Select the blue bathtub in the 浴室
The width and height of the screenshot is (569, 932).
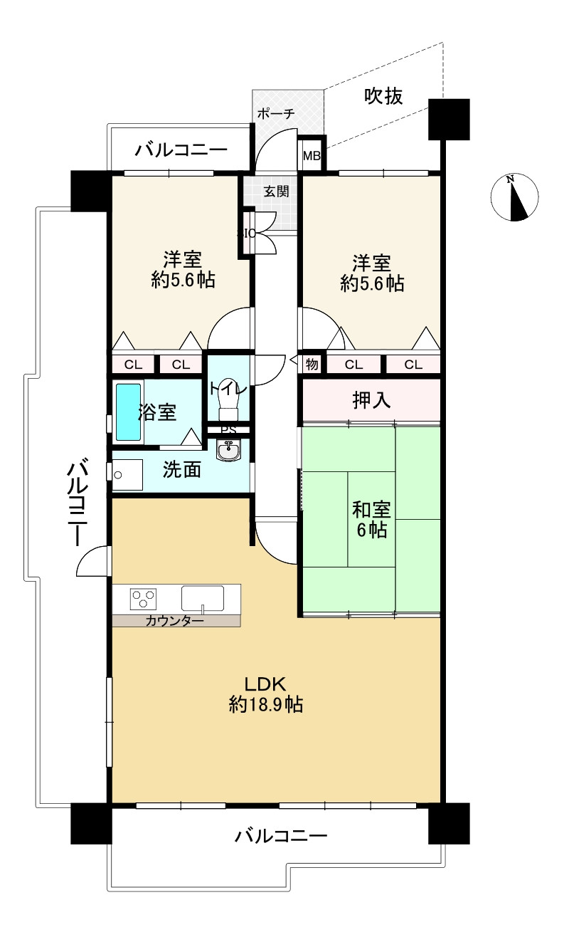[128, 412]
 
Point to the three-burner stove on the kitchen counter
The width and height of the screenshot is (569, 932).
[143, 597]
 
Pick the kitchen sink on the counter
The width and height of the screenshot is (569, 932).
[202, 597]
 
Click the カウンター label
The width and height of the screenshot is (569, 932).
[174, 621]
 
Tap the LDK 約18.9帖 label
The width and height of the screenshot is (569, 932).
[265, 694]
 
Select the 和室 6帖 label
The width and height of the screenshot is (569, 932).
[371, 520]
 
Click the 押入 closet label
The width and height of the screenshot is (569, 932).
[371, 401]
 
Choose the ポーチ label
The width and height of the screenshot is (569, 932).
[275, 114]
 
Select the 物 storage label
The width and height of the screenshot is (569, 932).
[312, 365]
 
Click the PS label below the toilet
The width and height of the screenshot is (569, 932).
[228, 429]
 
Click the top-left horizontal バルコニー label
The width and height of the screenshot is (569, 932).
[181, 150]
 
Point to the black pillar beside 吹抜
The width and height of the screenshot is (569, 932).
[449, 120]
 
